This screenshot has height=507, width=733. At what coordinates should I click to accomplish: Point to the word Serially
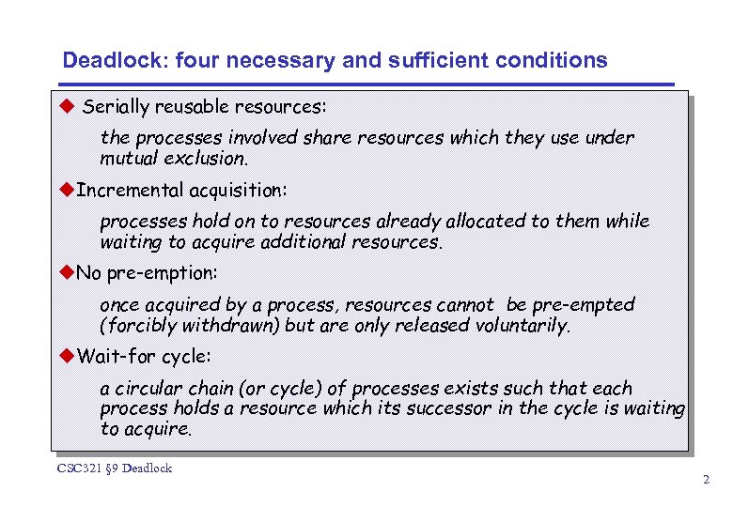(x=116, y=107)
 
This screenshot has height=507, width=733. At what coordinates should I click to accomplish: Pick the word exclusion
(x=204, y=158)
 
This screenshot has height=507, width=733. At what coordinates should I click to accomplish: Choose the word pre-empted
(x=582, y=305)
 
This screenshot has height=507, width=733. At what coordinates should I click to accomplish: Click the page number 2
(x=706, y=480)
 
